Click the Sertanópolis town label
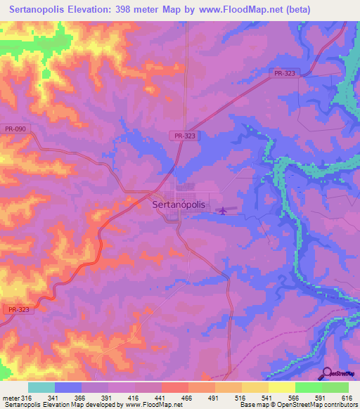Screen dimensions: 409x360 (179, 204)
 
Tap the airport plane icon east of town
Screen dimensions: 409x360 (224, 209)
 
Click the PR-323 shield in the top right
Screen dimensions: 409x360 (283, 72)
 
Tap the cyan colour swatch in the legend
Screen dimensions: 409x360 (41, 387)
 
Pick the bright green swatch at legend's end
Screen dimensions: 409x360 (335, 387)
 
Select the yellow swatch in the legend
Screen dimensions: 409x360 (281, 387)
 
